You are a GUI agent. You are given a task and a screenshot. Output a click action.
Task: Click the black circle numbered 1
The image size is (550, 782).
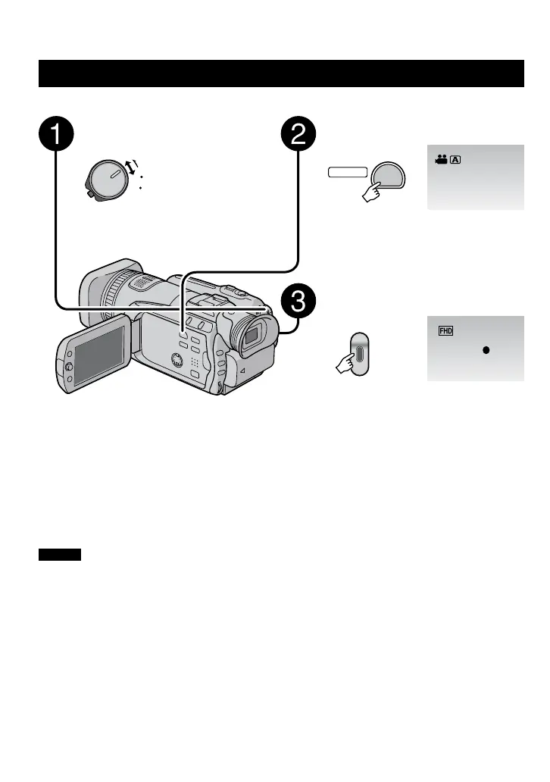point(56,137)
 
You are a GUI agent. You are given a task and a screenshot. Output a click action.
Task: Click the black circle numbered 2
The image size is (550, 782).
point(299,137)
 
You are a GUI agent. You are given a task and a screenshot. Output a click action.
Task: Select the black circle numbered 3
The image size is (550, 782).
point(298,305)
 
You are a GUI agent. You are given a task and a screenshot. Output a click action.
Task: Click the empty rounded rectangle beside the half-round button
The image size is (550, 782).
point(347,173)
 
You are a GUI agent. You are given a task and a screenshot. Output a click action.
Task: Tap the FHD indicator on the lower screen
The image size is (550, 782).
point(445,331)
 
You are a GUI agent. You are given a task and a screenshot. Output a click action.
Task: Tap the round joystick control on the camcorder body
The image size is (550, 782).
point(177,360)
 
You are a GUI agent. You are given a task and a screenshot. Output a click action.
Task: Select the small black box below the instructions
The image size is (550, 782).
point(60,555)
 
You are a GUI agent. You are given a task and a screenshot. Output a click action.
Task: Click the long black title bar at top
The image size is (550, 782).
point(281,74)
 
